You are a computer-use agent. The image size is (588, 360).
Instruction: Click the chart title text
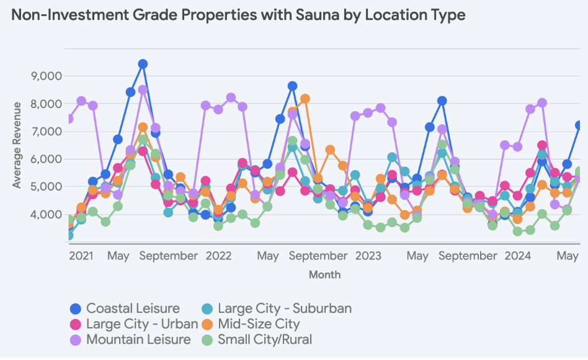[238, 16]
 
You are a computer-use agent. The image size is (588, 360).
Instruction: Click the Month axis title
[324, 274]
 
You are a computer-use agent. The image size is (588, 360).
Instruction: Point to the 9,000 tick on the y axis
[46, 76]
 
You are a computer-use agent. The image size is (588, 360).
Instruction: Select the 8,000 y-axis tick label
[46, 104]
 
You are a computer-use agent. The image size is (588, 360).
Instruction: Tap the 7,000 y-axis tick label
[46, 132]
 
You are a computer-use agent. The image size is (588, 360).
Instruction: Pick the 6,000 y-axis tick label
[46, 159]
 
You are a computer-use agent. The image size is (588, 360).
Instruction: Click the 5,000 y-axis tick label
[46, 187]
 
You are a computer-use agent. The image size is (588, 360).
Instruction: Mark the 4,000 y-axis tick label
[46, 215]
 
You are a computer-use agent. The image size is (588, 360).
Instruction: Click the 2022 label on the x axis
[218, 256]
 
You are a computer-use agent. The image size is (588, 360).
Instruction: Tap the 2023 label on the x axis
[368, 256]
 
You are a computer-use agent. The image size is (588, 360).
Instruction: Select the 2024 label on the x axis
[517, 256]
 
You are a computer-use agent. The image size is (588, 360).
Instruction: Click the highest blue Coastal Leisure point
[143, 64]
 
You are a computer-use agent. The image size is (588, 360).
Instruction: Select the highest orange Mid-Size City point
[305, 99]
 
